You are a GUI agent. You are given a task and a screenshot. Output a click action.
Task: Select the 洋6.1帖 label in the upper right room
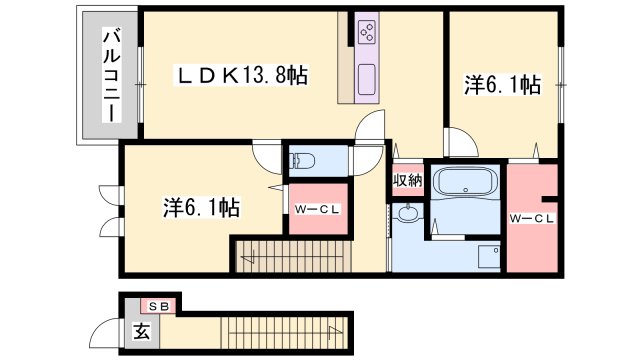pos(502,86)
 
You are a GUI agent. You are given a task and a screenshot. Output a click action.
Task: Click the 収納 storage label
pos(407,181)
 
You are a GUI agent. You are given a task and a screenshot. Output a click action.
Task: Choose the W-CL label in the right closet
pos(532,217)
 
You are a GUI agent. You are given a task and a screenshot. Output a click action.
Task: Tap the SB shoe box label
pos(160,306)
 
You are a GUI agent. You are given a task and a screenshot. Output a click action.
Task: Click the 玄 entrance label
pos(142,331)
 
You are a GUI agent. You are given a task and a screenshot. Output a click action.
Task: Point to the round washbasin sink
pos(409,214)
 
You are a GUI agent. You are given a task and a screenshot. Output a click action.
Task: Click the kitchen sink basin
pos(365,77)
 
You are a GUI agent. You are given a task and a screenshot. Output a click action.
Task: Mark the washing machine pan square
pos(487,257)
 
